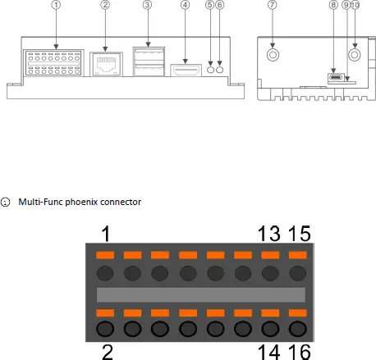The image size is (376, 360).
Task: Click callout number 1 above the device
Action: coord(56,5)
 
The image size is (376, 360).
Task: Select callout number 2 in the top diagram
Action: coord(105,5)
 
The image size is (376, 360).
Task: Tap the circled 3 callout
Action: coord(147,5)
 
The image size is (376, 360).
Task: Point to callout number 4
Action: coord(186,5)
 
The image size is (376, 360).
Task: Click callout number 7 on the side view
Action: coord(273,5)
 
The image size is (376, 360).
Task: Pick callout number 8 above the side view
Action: coord(333,5)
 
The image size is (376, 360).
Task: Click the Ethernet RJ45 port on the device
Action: coord(106,65)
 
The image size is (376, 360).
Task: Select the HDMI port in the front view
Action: coord(186,71)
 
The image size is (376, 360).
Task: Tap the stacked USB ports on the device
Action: coord(149,62)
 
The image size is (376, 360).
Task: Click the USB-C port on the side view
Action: coord(336,77)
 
